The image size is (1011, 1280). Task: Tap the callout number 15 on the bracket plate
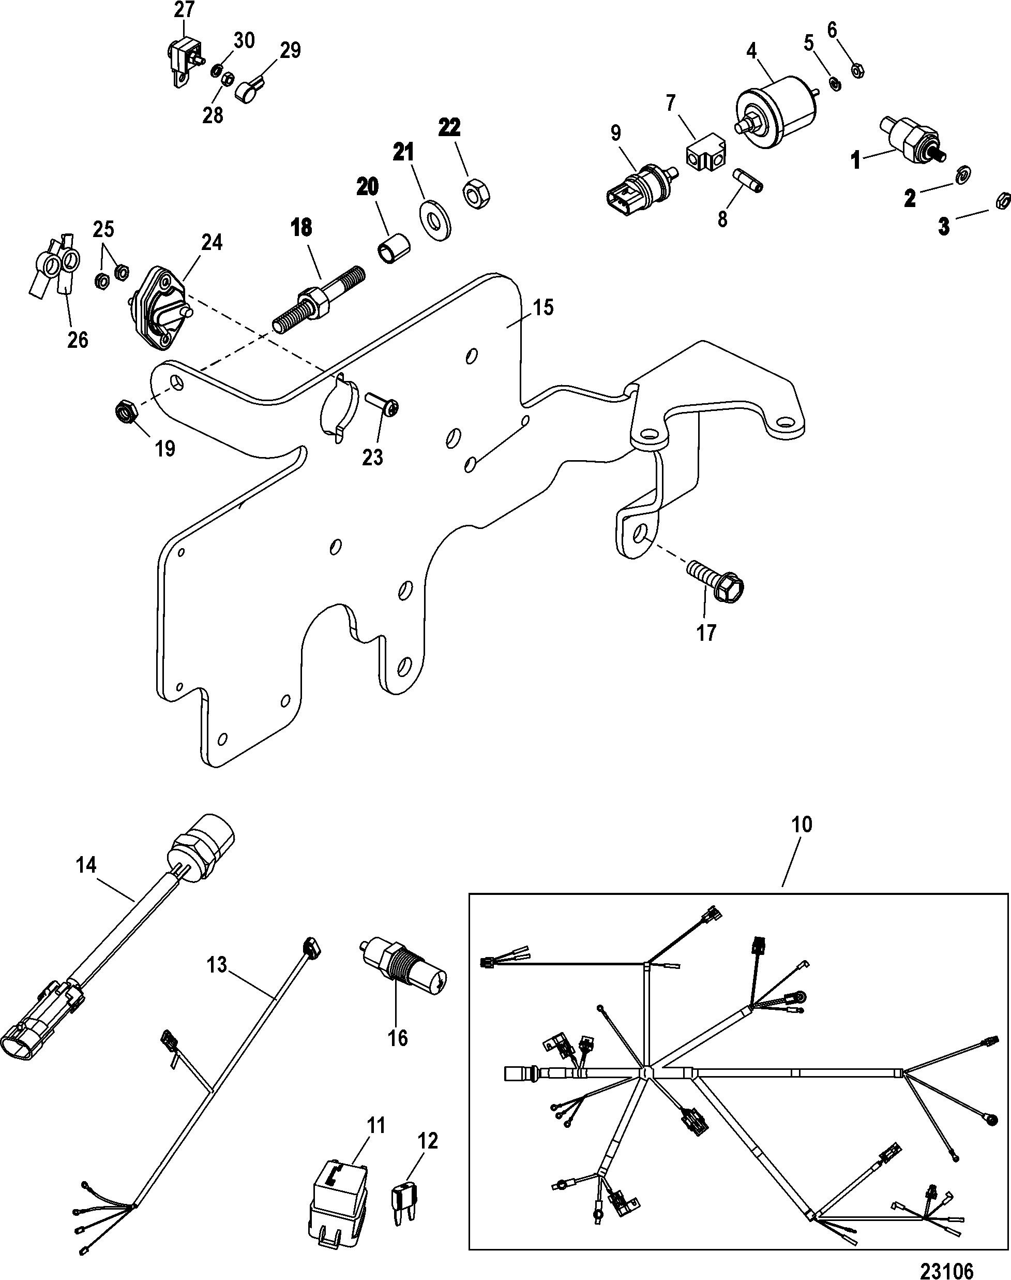(x=543, y=307)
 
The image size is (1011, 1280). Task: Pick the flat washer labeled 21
(x=434, y=215)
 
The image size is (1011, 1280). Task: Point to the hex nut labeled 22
(x=474, y=193)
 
